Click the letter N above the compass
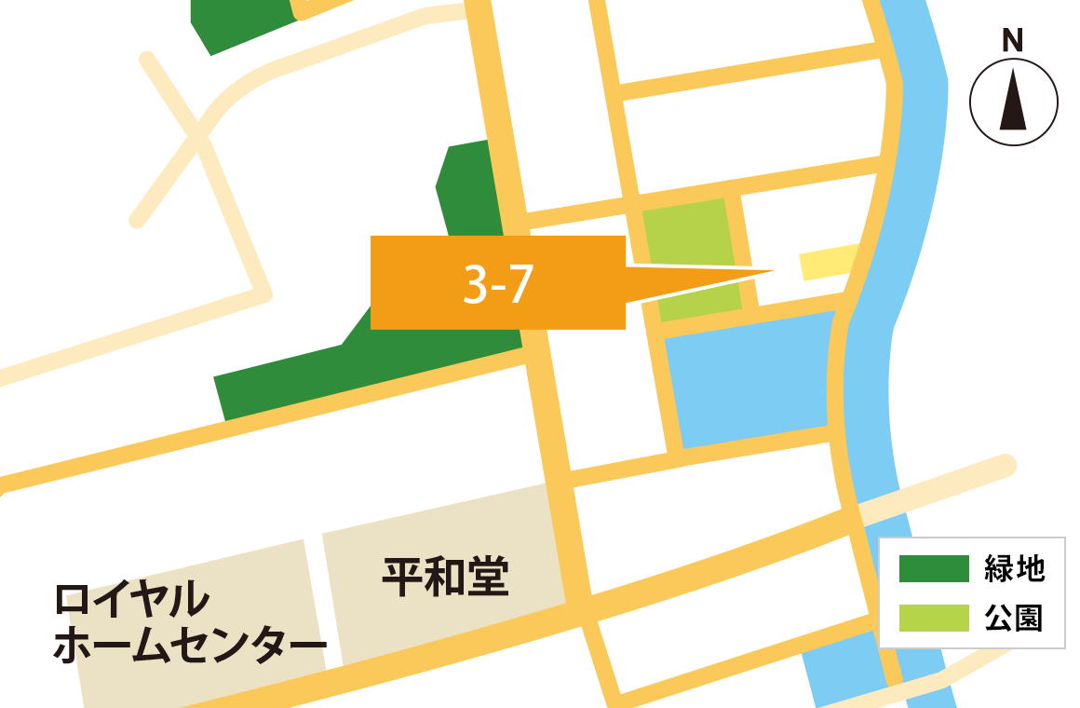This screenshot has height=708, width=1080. (1012, 41)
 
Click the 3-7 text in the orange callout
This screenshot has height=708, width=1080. (498, 283)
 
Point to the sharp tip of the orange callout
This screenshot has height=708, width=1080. (773, 272)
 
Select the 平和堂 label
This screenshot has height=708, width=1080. (445, 578)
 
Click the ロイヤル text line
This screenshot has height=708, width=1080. (131, 600)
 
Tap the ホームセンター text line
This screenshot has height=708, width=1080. (190, 647)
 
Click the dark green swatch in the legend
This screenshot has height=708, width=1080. (934, 568)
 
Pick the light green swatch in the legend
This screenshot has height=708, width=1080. (934, 618)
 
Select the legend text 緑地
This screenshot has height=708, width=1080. (1015, 568)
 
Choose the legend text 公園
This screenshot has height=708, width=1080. (1015, 618)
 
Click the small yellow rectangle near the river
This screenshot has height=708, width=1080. (829, 262)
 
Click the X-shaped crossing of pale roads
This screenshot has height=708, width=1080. (198, 135)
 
